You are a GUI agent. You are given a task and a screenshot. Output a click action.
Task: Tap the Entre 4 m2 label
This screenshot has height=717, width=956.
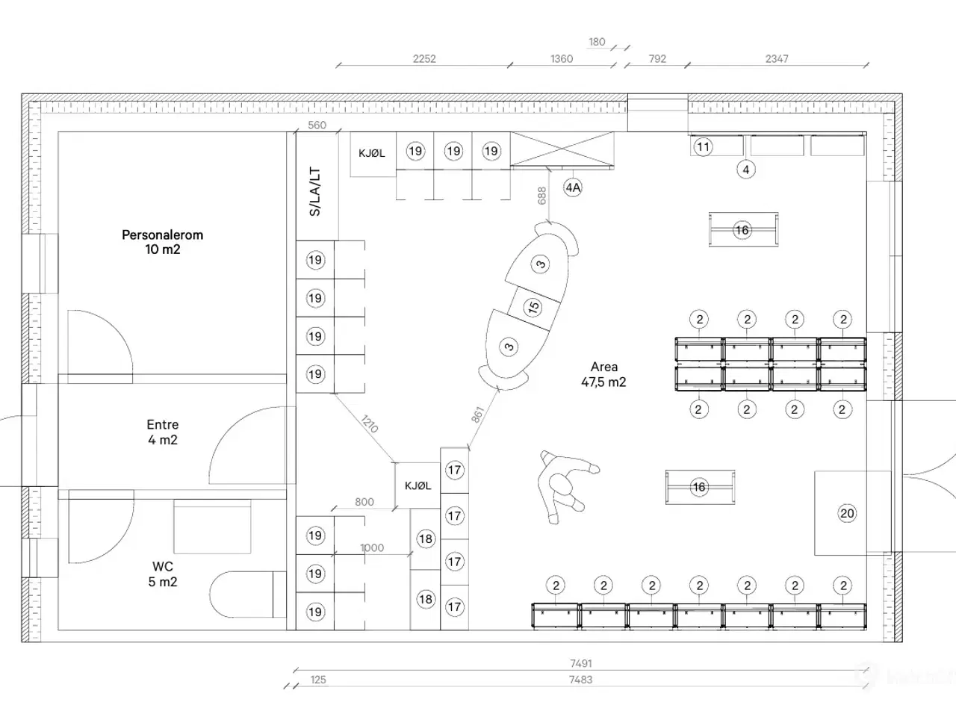point(162,432)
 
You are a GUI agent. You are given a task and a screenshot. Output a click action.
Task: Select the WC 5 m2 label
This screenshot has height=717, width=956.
point(162,574)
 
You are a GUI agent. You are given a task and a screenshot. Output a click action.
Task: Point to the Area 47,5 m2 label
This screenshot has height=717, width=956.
point(603,374)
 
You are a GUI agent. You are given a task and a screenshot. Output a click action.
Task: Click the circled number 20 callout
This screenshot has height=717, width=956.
point(847,513)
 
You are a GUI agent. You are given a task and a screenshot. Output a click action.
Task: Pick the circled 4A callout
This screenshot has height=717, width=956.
point(573,187)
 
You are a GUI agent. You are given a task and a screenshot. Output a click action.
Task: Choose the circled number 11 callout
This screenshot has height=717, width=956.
point(703,146)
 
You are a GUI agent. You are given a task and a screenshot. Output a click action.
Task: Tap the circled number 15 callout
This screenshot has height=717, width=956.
point(533,306)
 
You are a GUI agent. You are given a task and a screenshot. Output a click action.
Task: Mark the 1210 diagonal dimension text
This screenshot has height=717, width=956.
point(369,424)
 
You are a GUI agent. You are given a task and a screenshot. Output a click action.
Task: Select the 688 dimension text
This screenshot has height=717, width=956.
point(542,195)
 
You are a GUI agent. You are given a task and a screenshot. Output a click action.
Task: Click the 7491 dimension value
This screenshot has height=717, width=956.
point(580,663)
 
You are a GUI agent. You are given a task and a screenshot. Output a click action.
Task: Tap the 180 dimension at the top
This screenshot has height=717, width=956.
point(597,43)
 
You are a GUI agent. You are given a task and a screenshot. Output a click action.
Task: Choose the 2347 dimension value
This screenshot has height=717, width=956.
point(777,59)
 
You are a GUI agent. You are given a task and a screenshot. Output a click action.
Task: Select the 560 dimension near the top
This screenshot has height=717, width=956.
point(317,125)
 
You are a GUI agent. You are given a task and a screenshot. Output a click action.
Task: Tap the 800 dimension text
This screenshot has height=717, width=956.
point(364,502)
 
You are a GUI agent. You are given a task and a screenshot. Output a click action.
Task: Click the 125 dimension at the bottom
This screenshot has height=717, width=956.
point(318,680)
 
